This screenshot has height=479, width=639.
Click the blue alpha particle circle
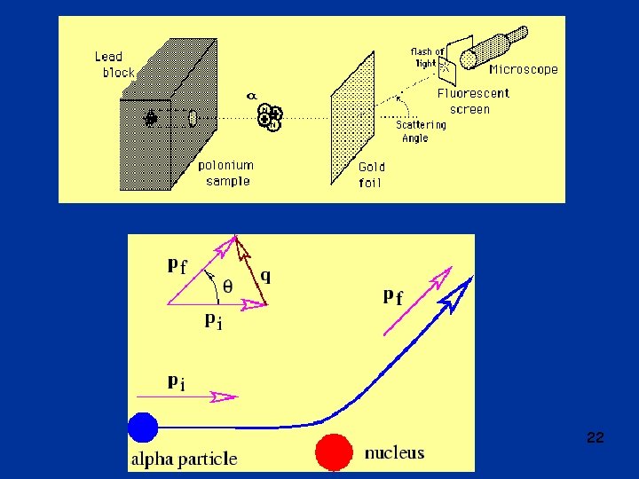click(142, 428)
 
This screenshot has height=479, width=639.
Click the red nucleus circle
click(335, 451)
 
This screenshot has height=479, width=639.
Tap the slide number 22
click(596, 437)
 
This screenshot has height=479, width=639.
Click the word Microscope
click(524, 69)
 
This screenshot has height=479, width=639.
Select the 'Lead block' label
click(114, 65)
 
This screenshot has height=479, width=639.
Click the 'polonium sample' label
click(225, 172)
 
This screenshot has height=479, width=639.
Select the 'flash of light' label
click(426, 57)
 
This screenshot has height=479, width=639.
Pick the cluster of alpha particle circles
click(269, 116)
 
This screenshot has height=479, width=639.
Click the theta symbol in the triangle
click(227, 286)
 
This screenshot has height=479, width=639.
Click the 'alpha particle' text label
click(184, 459)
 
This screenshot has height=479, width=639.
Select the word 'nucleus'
click(394, 453)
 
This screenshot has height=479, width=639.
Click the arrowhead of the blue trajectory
click(460, 293)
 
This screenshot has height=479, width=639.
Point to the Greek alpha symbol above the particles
click(251, 95)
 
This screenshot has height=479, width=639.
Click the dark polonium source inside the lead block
click(150, 117)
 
